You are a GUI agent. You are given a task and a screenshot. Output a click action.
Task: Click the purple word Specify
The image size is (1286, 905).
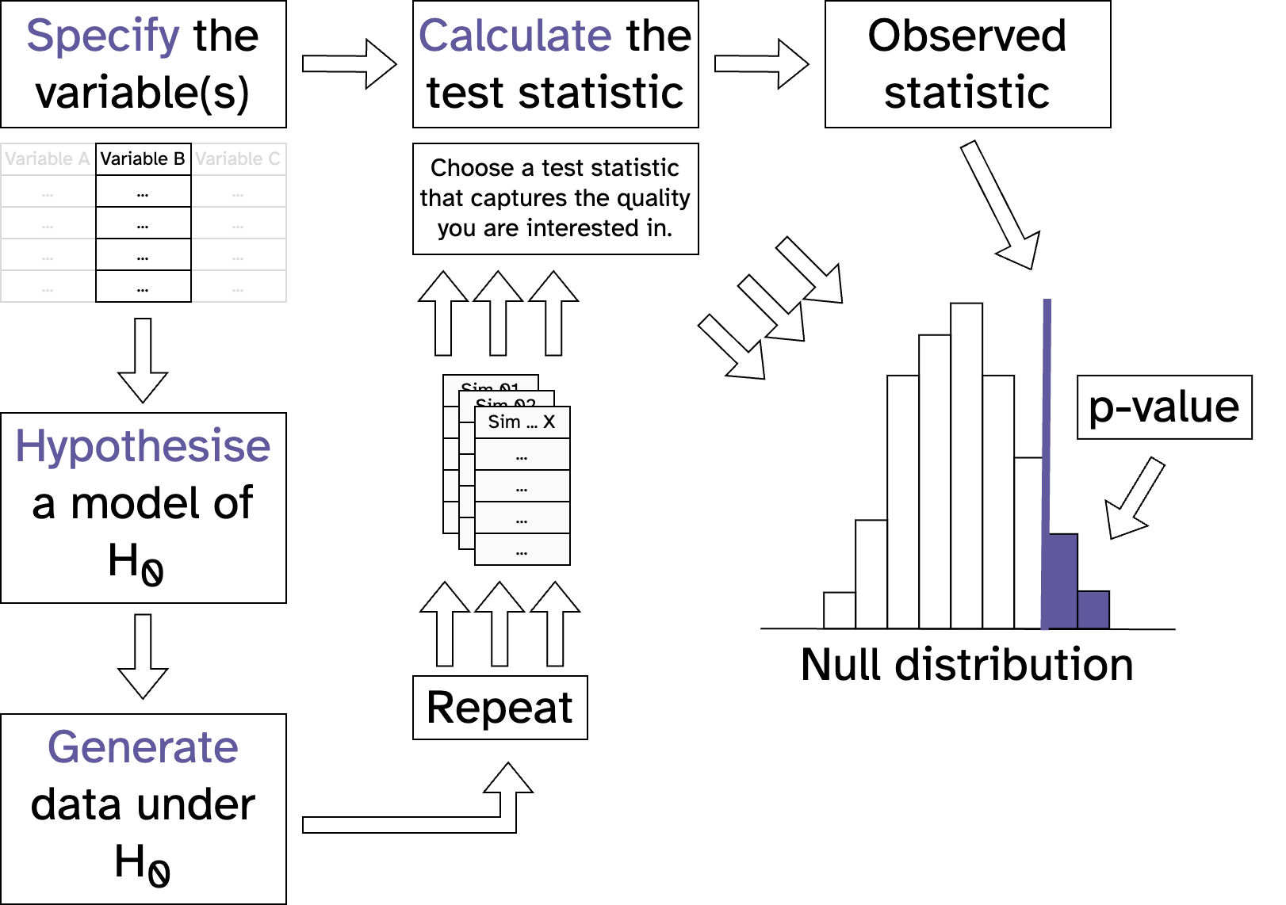(103, 36)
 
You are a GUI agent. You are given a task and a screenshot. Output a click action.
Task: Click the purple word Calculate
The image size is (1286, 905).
(515, 36)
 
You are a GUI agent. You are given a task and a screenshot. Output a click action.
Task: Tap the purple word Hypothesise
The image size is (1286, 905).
(143, 446)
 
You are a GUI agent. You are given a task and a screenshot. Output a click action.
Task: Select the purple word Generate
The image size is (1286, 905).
(143, 747)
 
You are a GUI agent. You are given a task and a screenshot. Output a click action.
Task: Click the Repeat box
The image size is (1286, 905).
(499, 708)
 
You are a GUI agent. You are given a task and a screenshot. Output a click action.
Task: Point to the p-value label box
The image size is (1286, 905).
(1164, 407)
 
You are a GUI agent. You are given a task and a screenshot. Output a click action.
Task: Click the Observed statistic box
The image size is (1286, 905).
(967, 64)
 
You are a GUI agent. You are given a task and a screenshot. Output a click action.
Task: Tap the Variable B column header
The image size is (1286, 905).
(143, 159)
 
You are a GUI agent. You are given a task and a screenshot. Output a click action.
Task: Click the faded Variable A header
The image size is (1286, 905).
(48, 159)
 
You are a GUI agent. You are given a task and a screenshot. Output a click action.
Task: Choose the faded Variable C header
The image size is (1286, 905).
(238, 159)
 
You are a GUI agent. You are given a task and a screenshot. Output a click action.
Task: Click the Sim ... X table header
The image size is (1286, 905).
(522, 422)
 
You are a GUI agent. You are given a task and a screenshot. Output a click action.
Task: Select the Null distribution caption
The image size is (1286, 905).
(966, 665)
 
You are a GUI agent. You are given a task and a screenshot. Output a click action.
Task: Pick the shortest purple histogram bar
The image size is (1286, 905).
(1093, 609)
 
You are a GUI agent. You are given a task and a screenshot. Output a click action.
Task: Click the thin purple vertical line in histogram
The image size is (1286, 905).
(1047, 420)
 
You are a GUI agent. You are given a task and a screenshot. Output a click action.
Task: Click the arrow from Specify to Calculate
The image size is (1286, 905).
(349, 63)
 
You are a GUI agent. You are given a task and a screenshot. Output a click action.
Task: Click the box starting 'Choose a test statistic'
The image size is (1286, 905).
(555, 199)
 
